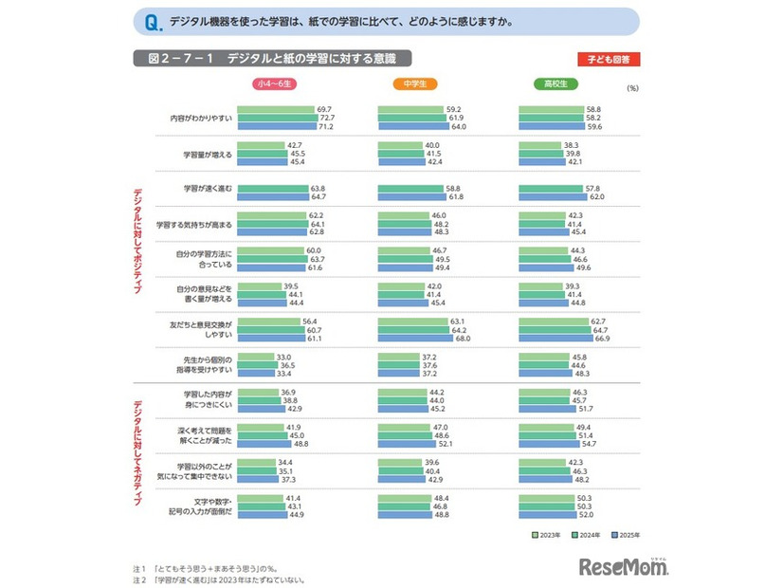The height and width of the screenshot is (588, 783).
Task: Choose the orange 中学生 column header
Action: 414,84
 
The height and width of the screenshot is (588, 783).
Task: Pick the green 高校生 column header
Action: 555,84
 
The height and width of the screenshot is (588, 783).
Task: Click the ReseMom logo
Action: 624,566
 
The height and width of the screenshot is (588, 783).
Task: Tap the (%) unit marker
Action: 633,88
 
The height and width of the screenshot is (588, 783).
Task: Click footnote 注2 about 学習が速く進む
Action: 218,579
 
